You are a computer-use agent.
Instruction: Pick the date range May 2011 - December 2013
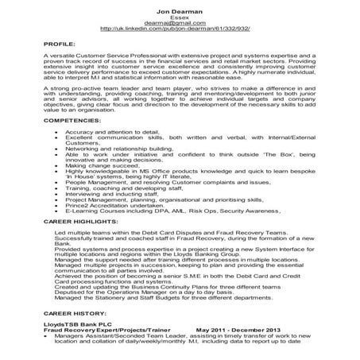coord(238,333)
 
